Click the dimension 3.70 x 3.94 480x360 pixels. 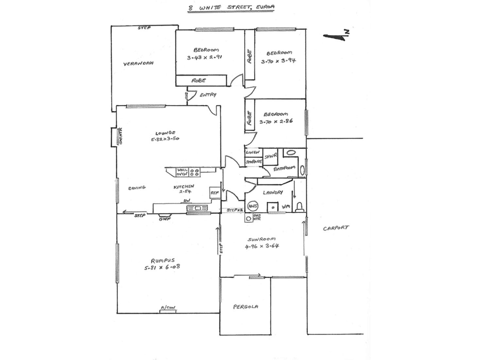(x=278, y=60)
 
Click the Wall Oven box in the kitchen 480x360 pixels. (x=182, y=172)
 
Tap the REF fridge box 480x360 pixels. (x=214, y=193)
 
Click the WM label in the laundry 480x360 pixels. (x=286, y=207)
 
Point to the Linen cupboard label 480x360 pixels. (x=253, y=152)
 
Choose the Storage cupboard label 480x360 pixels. (x=253, y=162)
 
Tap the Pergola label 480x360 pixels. (x=246, y=307)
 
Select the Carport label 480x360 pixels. (x=336, y=228)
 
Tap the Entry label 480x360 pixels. (x=208, y=95)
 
